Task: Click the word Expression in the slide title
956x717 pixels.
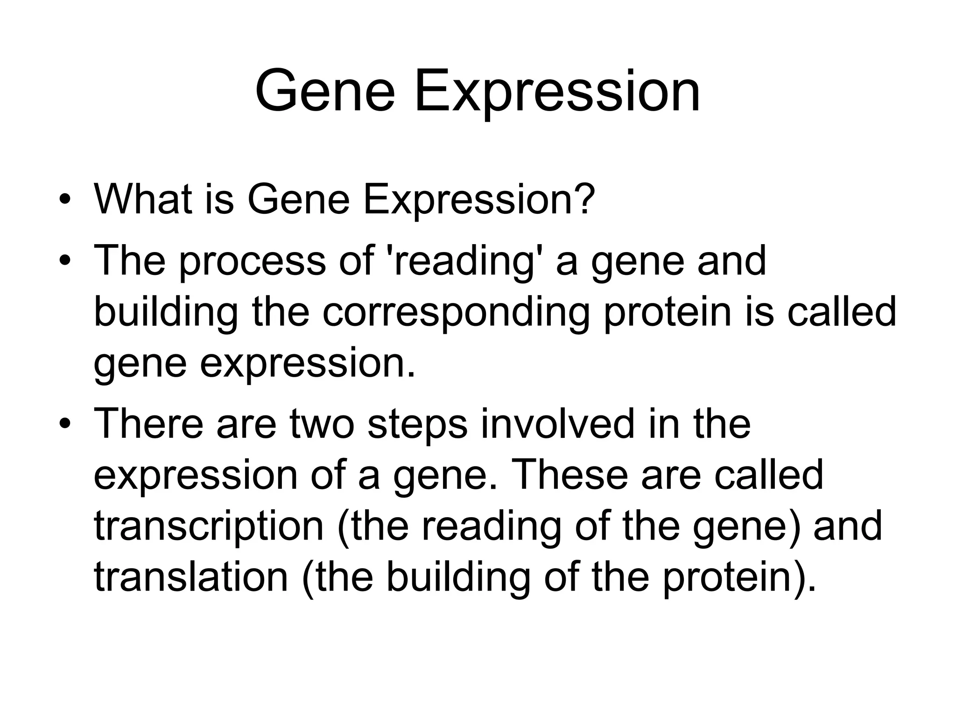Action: point(557,92)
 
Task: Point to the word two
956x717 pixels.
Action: point(322,424)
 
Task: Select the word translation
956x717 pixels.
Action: point(191,577)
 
